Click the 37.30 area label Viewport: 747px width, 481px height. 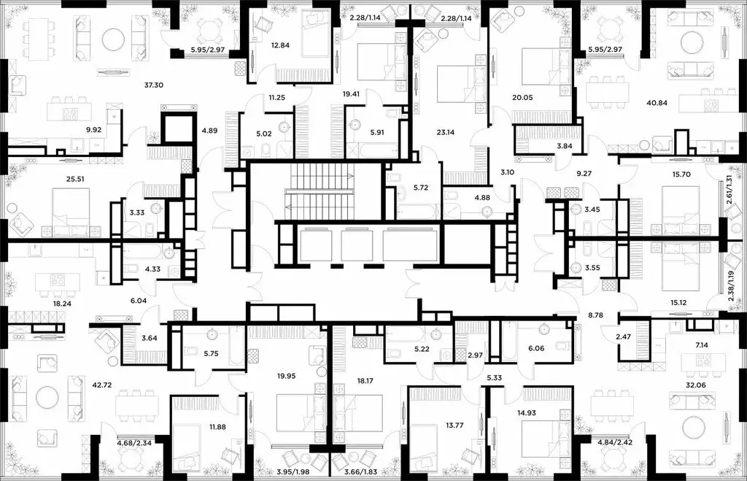pos(153,85)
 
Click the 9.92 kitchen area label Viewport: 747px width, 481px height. pos(94,131)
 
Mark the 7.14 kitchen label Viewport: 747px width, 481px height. pos(703,344)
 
